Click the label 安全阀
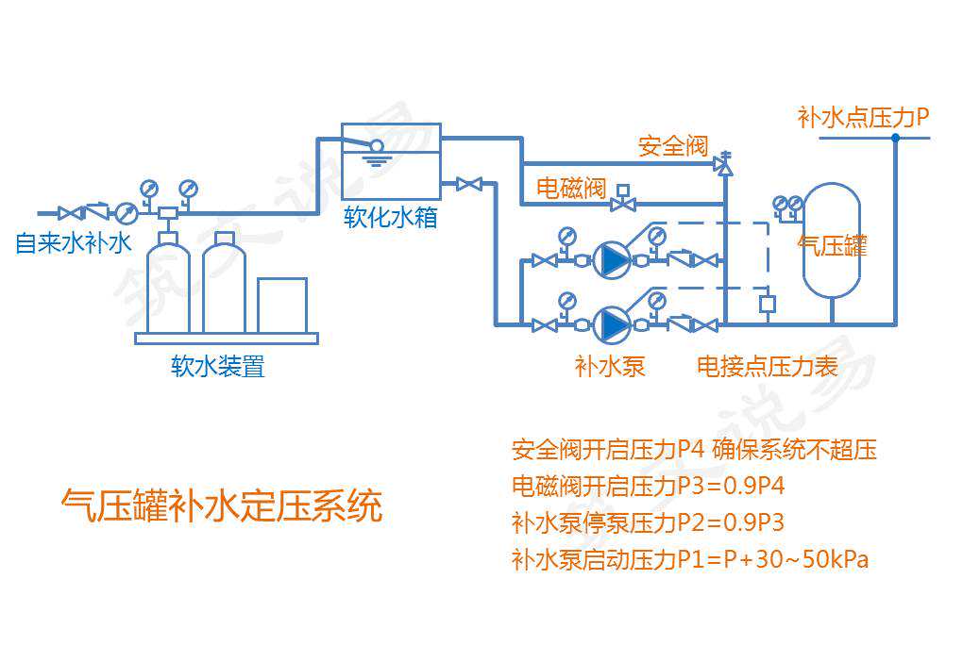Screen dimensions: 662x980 673,146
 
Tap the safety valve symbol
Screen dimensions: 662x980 724,164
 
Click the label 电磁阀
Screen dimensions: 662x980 570,187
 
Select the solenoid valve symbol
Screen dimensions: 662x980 623,201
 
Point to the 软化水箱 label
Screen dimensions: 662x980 390,218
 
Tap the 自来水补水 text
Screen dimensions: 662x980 72,243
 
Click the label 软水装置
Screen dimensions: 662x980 218,366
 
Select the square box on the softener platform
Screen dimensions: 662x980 281,305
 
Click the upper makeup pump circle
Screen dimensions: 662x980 611,260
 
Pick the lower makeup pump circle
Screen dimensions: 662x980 611,324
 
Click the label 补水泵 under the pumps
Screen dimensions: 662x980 610,366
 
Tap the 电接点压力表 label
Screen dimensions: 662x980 767,366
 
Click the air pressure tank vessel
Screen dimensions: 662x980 831,240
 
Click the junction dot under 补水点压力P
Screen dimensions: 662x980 895,138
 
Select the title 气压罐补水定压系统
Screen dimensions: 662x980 221,505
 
